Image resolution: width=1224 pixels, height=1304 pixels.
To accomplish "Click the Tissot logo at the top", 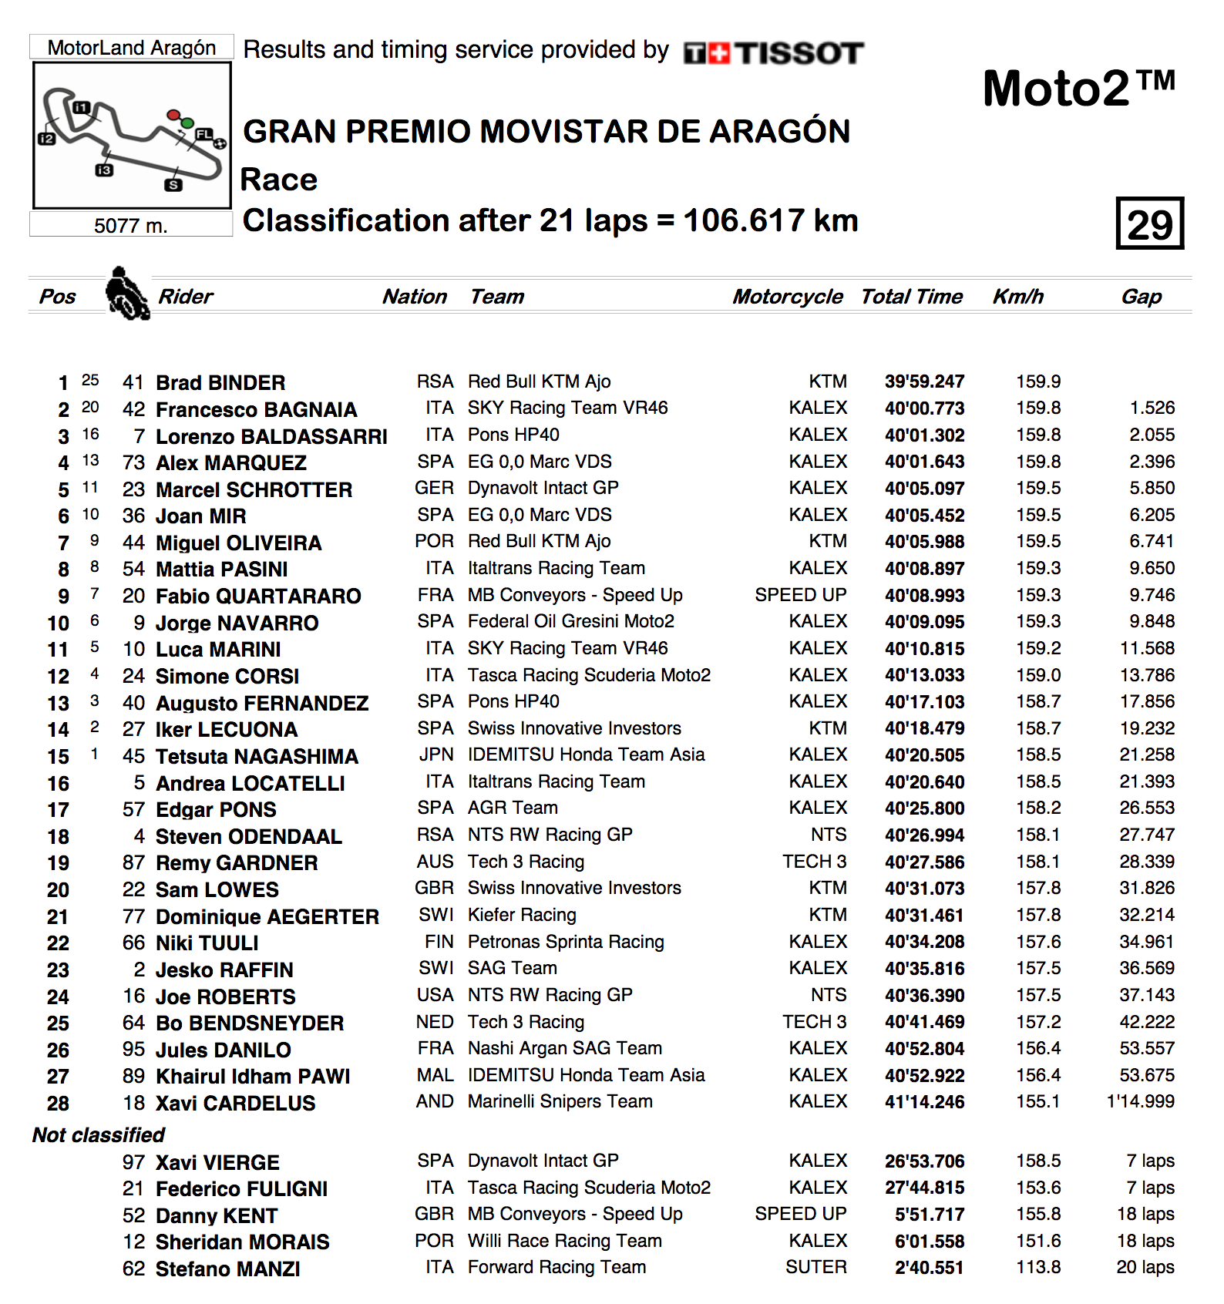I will pos(773,53).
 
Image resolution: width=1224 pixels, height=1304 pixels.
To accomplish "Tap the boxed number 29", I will pos(1149,223).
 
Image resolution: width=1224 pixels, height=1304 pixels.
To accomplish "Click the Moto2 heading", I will pos(1078,88).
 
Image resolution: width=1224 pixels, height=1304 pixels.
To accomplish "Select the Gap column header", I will pos(1141,297).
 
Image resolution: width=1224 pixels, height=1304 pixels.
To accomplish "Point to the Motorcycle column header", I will pos(787,297).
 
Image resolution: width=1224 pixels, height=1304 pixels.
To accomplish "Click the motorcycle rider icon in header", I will pos(127,294).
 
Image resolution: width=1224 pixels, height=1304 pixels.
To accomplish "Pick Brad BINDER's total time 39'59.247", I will pos(924,381).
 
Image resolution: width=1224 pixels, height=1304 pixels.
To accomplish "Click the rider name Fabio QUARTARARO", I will pos(258,596).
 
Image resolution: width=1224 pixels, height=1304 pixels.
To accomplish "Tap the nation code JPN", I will pos(435,755).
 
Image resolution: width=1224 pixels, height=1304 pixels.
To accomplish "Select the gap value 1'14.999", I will pos(1140,1101).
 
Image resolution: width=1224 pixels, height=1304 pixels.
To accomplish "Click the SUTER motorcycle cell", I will pos(815,1267).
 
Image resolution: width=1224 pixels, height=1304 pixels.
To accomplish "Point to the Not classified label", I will pos(99,1134).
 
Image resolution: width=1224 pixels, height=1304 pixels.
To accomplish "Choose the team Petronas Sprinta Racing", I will pos(565,942).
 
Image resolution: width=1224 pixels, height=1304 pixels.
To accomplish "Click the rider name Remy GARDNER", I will pos(237,863).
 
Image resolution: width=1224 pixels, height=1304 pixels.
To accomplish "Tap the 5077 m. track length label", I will pos(130,225).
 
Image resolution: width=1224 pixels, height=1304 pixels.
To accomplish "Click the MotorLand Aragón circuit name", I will pos(131,48).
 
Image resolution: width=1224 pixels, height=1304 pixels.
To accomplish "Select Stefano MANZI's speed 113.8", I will pos(1037,1267).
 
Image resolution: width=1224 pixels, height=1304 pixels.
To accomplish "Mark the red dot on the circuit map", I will pos(173,116).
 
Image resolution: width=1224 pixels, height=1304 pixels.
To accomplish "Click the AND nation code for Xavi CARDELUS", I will pos(435,1101).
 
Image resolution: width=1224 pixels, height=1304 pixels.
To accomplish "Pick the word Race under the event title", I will pos(279,180).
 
